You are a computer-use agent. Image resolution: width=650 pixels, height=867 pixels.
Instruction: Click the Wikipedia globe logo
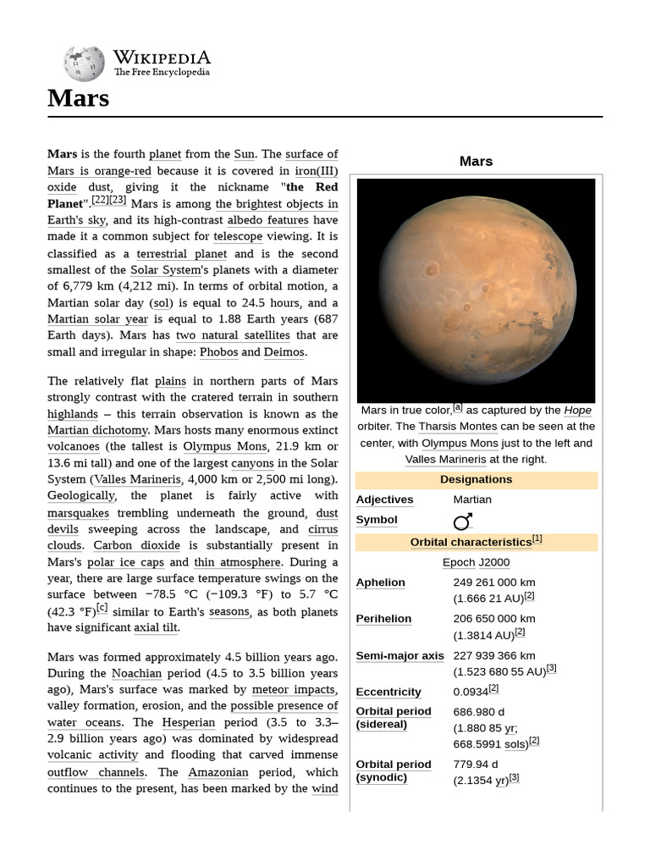[84, 63]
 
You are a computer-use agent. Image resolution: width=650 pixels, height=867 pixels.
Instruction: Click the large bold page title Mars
[78, 98]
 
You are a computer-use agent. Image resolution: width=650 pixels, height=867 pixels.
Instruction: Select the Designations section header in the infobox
[476, 479]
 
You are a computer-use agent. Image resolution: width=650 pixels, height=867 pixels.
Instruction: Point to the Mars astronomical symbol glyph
[463, 521]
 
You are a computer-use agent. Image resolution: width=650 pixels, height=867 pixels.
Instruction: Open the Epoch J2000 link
[476, 562]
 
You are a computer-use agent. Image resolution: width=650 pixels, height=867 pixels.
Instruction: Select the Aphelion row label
[381, 583]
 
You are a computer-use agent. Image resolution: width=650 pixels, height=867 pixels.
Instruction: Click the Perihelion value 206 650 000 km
[494, 619]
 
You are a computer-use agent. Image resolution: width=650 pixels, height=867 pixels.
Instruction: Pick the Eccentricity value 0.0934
[471, 692]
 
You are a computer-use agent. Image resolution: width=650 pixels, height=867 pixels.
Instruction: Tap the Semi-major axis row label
[399, 655]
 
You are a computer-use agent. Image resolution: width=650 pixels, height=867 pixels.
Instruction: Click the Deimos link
[285, 352]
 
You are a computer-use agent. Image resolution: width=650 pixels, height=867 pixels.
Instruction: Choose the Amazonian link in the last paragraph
[219, 772]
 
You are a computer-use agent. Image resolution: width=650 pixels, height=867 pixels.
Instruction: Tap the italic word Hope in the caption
[577, 410]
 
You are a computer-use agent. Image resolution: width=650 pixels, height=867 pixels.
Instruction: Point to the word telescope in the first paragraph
[238, 237]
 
